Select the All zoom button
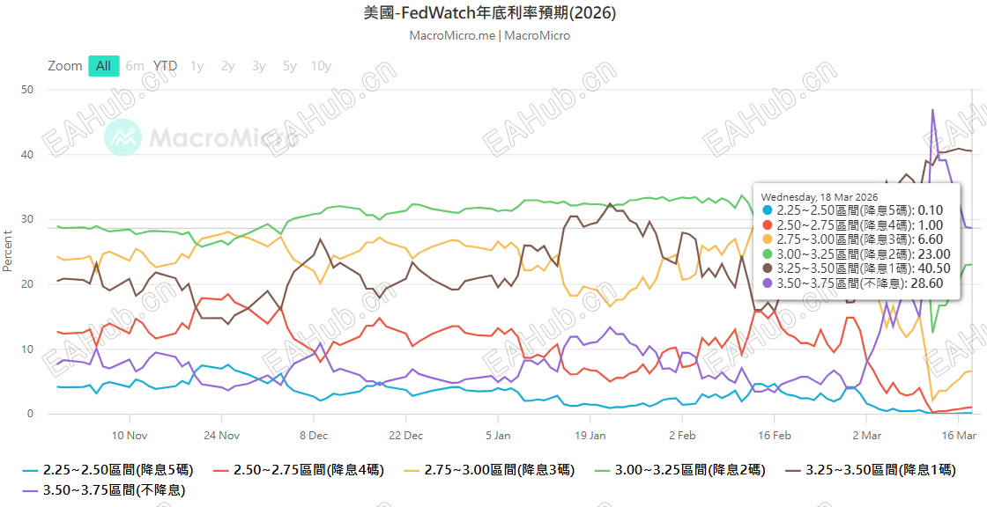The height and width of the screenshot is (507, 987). point(103,66)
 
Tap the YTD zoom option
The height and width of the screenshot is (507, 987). point(165,66)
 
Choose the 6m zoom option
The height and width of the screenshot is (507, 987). point(135,66)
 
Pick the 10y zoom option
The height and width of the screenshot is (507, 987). point(321,66)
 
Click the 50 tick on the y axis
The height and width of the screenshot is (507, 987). point(27,90)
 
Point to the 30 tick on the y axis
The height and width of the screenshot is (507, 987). point(27,219)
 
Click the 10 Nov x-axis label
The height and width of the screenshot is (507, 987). point(129,435)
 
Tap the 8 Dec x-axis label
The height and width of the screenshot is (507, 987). point(313,435)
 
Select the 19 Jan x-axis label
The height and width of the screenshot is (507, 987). point(590,435)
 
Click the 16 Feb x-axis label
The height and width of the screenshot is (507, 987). point(775,435)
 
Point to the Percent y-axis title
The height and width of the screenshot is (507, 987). point(8,252)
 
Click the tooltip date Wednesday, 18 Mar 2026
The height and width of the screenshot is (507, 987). point(820,195)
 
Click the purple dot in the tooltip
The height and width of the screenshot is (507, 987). point(767,283)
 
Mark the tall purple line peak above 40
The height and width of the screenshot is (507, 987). point(932,110)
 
